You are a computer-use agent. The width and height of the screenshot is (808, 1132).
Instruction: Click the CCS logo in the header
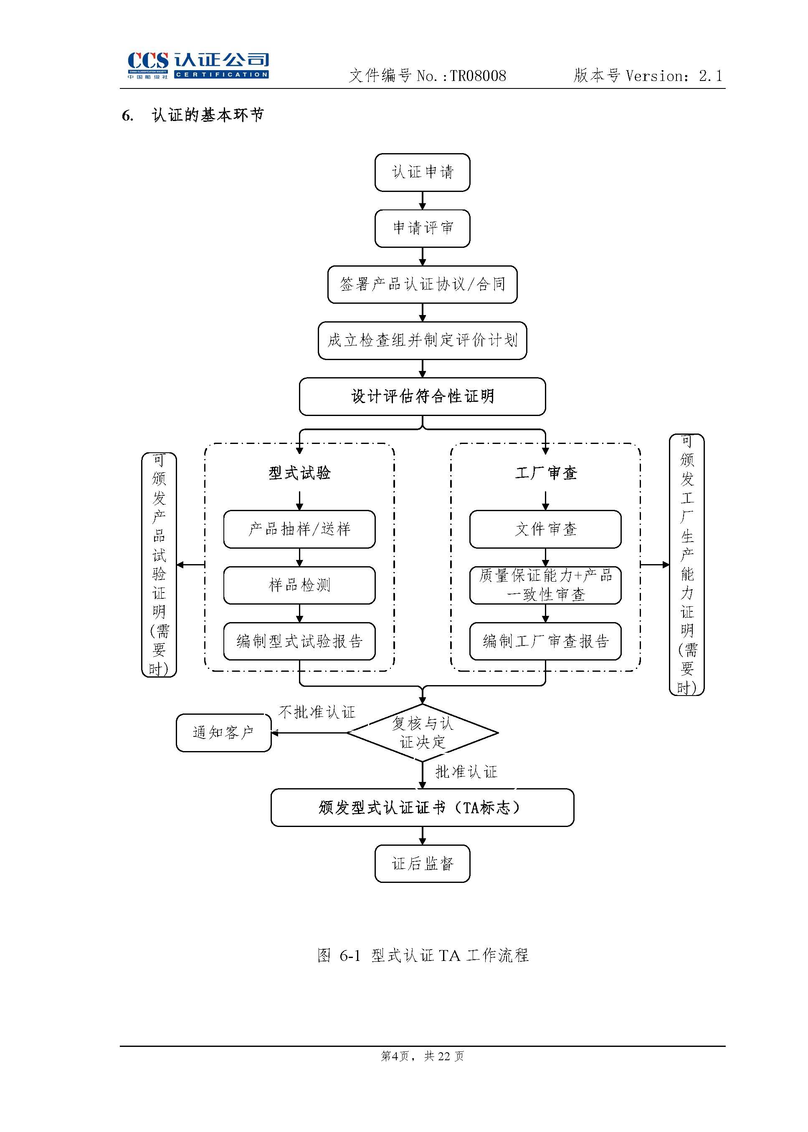coord(198,65)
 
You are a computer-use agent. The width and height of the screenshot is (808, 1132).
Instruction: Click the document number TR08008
coord(478,76)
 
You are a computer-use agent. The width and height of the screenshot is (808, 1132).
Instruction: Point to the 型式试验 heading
coord(299,473)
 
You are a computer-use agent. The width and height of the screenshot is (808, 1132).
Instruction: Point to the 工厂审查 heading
coord(545,473)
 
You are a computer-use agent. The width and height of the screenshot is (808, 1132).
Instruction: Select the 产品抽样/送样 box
coord(299,529)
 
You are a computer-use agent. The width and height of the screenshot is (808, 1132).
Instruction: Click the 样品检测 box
coord(299,585)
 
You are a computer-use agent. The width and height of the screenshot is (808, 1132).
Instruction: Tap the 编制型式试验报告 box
coord(299,641)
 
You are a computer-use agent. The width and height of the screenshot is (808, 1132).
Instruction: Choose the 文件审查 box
coord(545,529)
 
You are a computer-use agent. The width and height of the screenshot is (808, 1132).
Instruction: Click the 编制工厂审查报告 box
coord(545,641)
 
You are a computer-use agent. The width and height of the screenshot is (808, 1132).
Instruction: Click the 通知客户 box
coord(223,732)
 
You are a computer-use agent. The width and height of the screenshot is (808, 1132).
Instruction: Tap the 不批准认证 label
coord(317,712)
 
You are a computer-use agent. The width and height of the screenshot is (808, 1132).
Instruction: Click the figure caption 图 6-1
coord(423,955)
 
